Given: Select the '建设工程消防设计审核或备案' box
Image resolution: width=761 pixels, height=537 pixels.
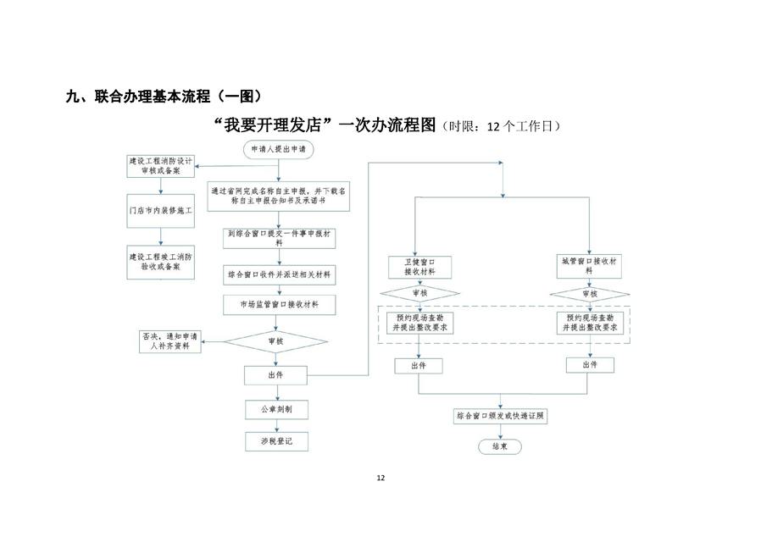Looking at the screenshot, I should click(160, 165).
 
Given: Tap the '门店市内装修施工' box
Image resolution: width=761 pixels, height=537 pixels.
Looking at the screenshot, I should click(160, 210).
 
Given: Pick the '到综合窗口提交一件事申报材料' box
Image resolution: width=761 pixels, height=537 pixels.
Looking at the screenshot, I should click(281, 236).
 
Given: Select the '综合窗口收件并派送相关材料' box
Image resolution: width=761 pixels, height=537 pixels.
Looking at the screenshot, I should click(281, 275).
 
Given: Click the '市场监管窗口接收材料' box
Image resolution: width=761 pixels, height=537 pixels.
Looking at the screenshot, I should click(281, 303).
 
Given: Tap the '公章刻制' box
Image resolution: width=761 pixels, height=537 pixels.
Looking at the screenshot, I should click(275, 410).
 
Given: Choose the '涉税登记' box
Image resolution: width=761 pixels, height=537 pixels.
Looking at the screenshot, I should click(275, 441).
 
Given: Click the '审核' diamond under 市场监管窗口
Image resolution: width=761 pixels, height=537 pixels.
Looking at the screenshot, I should click(275, 341).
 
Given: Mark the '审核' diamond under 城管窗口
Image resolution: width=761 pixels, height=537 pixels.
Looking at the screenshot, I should click(589, 294).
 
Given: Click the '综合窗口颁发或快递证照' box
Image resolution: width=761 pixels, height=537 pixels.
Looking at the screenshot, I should click(500, 417).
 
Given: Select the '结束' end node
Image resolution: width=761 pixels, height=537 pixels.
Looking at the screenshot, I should click(500, 446).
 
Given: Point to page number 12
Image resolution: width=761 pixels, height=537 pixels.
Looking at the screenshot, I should click(380, 479).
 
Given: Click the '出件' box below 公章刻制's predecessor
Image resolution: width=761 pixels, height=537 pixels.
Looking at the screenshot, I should click(275, 374).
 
